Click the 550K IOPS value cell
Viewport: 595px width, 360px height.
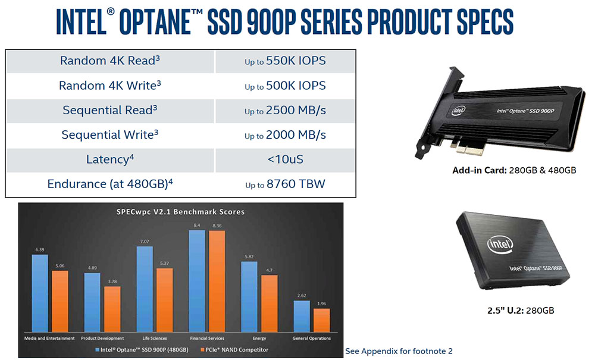285,61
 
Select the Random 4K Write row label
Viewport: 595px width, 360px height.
109,85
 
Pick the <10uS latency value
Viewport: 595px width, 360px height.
286,159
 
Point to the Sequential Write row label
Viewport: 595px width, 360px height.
109,134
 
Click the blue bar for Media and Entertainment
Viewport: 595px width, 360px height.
40,293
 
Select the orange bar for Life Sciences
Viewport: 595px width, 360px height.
165,300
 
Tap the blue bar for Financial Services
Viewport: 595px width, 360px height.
197,281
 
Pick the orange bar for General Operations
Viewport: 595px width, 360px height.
322,320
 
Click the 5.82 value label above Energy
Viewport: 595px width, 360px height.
249,257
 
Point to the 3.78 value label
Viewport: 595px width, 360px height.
112,281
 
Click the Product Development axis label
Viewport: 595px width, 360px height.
102,338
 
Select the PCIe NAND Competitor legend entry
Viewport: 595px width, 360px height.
234,350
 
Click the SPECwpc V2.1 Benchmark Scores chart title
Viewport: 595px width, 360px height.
181,212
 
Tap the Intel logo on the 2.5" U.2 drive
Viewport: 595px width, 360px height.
500,243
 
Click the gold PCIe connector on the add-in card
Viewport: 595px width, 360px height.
471,149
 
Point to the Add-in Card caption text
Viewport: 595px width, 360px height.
514,170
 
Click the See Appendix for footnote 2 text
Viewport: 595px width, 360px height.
399,351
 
